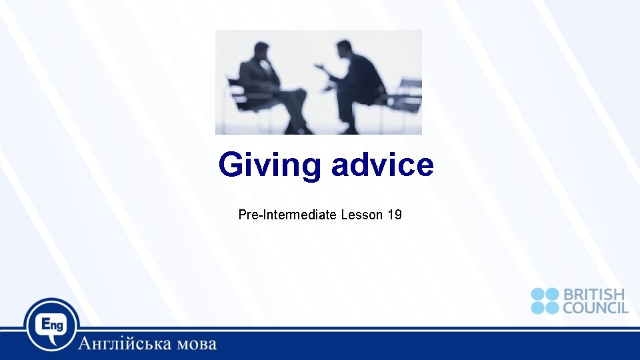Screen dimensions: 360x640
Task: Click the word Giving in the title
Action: (269, 165)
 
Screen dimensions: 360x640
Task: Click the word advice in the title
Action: (382, 164)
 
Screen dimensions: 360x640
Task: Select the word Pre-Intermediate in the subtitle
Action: (287, 215)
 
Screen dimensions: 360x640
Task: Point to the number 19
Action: (394, 215)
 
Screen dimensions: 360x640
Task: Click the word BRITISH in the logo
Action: (594, 295)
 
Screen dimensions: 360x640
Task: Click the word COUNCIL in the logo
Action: (595, 307)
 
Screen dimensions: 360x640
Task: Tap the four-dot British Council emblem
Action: (545, 301)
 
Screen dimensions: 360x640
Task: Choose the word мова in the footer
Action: (197, 344)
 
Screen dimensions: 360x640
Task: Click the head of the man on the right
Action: (345, 49)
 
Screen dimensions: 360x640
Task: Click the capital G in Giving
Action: (231, 165)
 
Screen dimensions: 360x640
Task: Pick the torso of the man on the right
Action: (360, 77)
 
